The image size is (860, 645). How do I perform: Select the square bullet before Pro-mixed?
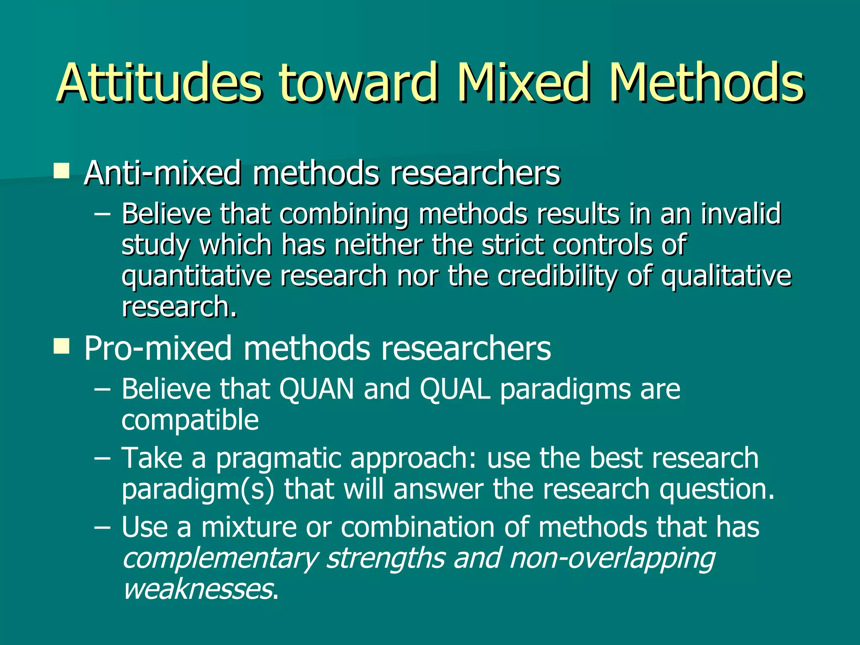point(62,347)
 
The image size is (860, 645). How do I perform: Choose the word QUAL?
point(455,389)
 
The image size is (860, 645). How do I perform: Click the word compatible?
point(190,420)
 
